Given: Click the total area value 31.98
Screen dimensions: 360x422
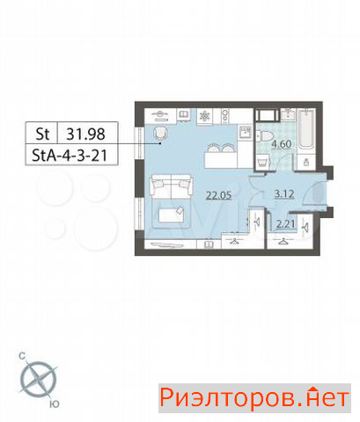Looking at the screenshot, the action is click(x=85, y=134).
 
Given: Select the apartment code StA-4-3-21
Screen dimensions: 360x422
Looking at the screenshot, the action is click(x=70, y=156).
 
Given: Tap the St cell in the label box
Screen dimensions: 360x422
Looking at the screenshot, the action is click(x=42, y=134).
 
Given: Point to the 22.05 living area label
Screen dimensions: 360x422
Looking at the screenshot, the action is click(x=219, y=195).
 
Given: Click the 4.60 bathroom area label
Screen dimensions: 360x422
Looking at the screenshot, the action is click(x=281, y=144).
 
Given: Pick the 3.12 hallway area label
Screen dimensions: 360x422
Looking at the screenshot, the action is click(x=284, y=194).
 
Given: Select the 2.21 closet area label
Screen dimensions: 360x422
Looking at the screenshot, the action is click(x=285, y=224).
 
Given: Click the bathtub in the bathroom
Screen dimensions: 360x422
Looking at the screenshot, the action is click(x=306, y=128).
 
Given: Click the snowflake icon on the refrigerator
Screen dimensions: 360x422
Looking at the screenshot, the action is click(x=204, y=116).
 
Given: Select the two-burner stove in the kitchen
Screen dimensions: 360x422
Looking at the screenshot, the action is click(x=225, y=116).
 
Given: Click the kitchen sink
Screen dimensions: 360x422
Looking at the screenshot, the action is click(x=246, y=133).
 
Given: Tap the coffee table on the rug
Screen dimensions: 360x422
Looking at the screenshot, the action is click(x=171, y=215).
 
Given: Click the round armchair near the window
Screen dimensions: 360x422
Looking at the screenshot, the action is click(x=160, y=134).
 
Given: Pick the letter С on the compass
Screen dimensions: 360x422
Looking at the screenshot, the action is click(x=22, y=356).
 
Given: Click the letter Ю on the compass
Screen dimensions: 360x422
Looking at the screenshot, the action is click(x=55, y=404).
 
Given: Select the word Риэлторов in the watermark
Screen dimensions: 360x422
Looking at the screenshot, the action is click(x=227, y=397).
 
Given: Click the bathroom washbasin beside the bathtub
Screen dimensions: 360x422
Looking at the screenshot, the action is click(x=289, y=114).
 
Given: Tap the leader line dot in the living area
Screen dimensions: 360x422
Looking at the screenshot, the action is click(x=160, y=143).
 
